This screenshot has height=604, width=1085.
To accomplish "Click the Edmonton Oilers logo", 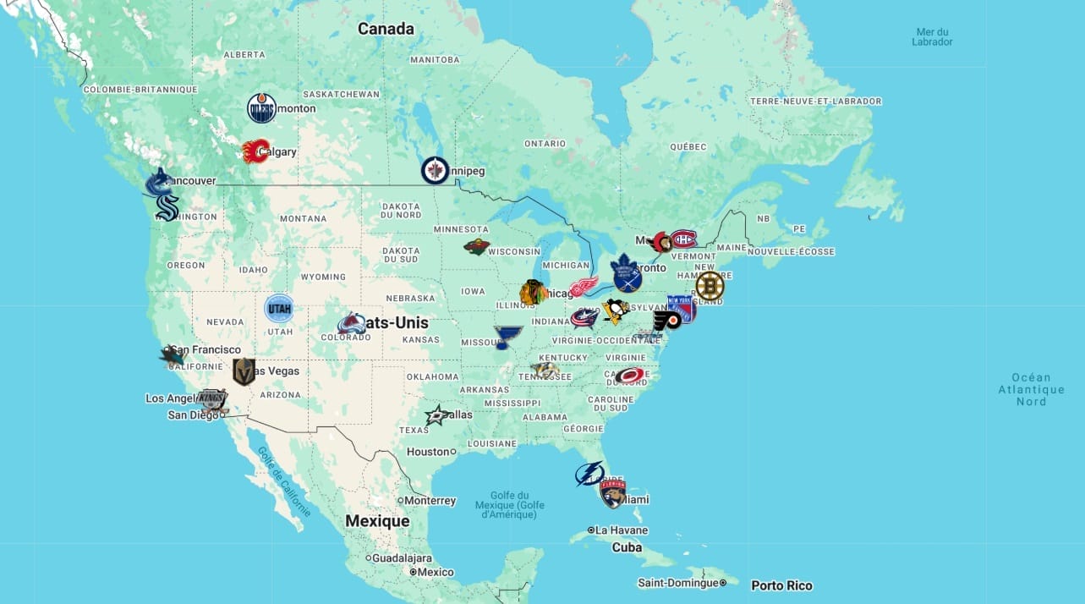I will pyautogui.click(x=261, y=108).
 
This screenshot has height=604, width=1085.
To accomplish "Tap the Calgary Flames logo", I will pyautogui.click(x=255, y=151).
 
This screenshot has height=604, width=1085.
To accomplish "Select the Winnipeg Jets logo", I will pyautogui.click(x=435, y=171).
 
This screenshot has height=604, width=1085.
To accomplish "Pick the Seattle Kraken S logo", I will pyautogui.click(x=167, y=207).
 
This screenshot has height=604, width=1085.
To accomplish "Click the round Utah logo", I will pyautogui.click(x=278, y=309).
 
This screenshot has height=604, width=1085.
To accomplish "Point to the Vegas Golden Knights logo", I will pyautogui.click(x=244, y=371).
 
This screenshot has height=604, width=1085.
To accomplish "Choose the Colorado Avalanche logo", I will pyautogui.click(x=351, y=323).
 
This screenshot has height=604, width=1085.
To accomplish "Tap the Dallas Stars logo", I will pyautogui.click(x=437, y=415).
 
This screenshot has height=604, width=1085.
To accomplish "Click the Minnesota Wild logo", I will pyautogui.click(x=476, y=246).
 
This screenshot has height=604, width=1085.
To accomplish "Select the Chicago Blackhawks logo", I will pyautogui.click(x=533, y=293).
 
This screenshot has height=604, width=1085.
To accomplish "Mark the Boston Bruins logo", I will pyautogui.click(x=710, y=286).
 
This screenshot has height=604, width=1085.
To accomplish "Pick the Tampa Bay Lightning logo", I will pyautogui.click(x=589, y=474).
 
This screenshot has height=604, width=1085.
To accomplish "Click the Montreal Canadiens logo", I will pyautogui.click(x=683, y=240).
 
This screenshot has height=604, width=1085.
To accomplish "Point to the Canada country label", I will pyautogui.click(x=386, y=29).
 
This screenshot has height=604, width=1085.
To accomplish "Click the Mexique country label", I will pyautogui.click(x=377, y=521).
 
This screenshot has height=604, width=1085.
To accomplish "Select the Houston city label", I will pyautogui.click(x=428, y=452).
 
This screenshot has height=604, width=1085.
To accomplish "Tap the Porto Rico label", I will pyautogui.click(x=781, y=585).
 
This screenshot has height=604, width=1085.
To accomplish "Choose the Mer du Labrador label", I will pyautogui.click(x=932, y=36).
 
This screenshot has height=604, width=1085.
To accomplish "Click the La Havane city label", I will pyautogui.click(x=621, y=530).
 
